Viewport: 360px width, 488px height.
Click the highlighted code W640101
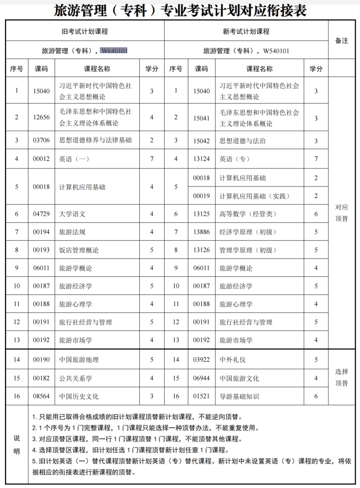pos(114,51)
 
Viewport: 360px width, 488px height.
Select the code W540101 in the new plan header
pos(276,51)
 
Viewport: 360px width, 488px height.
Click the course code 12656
pos(42,117)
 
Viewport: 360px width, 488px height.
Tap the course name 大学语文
pos(72,213)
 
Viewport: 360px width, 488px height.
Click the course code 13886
pos(202,232)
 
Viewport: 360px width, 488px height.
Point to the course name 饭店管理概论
pos(79,250)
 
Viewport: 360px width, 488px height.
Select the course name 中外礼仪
pos(233,359)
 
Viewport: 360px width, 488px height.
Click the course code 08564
pos(42,396)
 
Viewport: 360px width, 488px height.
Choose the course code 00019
pos(202,196)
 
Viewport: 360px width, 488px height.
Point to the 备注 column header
pos(342,40)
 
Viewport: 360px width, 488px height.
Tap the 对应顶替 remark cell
pos(342,213)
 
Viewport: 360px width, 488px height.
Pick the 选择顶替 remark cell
pos(342,377)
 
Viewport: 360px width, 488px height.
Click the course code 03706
pos(42,140)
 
